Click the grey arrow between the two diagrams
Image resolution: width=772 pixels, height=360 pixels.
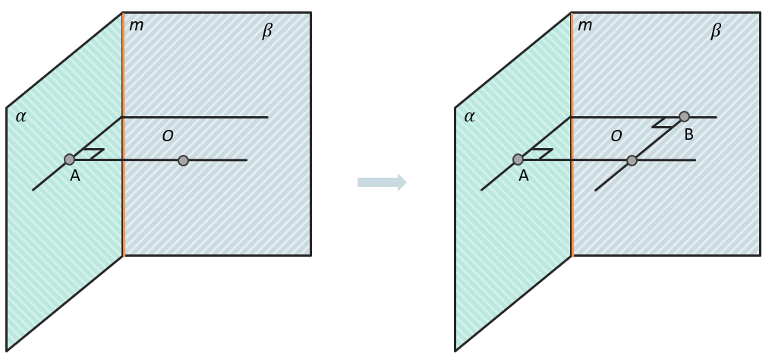coord(382,182)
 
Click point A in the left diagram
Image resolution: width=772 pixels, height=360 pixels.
coord(69,159)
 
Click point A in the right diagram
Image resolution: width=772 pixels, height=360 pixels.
coord(518,159)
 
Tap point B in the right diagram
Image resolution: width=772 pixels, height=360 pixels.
coord(684,117)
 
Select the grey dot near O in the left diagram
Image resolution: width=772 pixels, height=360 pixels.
coord(183,160)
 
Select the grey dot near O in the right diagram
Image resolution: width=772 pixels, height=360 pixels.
coord(632,160)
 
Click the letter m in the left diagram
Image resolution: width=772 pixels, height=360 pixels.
coord(136,26)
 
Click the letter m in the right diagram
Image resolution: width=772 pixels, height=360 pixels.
coord(585,26)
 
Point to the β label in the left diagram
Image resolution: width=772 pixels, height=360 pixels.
coord(267,31)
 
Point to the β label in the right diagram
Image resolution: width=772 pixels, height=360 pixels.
coord(716,31)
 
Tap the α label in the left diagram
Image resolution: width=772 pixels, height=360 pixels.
coord(20,117)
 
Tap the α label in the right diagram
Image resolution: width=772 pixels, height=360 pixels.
coord(469,117)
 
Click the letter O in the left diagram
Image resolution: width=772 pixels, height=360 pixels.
coord(168,136)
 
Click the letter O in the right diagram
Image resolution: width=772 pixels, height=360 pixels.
coord(616,136)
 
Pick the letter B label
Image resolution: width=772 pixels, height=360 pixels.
coord(688,134)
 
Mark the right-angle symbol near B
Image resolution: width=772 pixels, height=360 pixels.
coord(665,123)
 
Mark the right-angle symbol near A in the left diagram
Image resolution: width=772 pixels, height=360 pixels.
coord(93,153)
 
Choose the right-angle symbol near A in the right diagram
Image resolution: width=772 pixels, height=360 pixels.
coord(542,153)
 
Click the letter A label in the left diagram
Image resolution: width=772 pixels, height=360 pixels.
coord(75,175)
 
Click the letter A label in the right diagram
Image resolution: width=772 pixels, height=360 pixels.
coord(523,175)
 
